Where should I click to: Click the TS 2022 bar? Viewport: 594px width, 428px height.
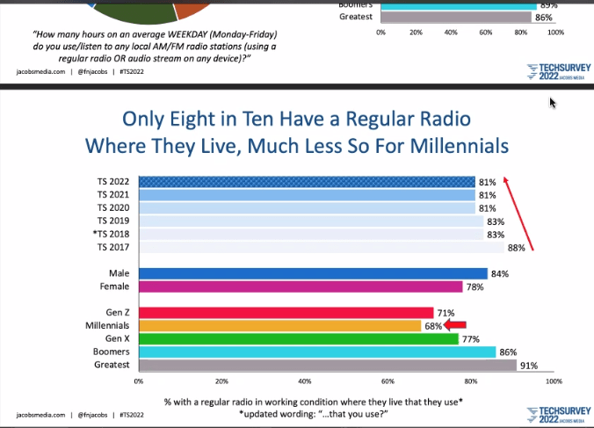(307, 182)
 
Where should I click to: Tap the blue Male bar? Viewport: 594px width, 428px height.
(313, 273)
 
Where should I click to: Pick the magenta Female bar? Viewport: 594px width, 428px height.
(301, 287)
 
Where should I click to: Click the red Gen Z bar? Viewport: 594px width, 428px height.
(286, 313)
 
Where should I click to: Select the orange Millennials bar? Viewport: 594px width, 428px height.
(279, 326)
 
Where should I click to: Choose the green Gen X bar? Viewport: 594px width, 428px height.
(298, 338)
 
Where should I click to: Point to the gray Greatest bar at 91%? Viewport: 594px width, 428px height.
(327, 365)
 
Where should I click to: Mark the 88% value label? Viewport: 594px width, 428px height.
(517, 248)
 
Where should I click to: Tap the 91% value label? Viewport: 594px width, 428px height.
(529, 365)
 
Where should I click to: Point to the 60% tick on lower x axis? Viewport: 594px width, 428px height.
(388, 382)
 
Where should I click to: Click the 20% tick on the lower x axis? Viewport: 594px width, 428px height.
(221, 382)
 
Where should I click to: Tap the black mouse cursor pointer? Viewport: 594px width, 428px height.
(553, 103)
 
